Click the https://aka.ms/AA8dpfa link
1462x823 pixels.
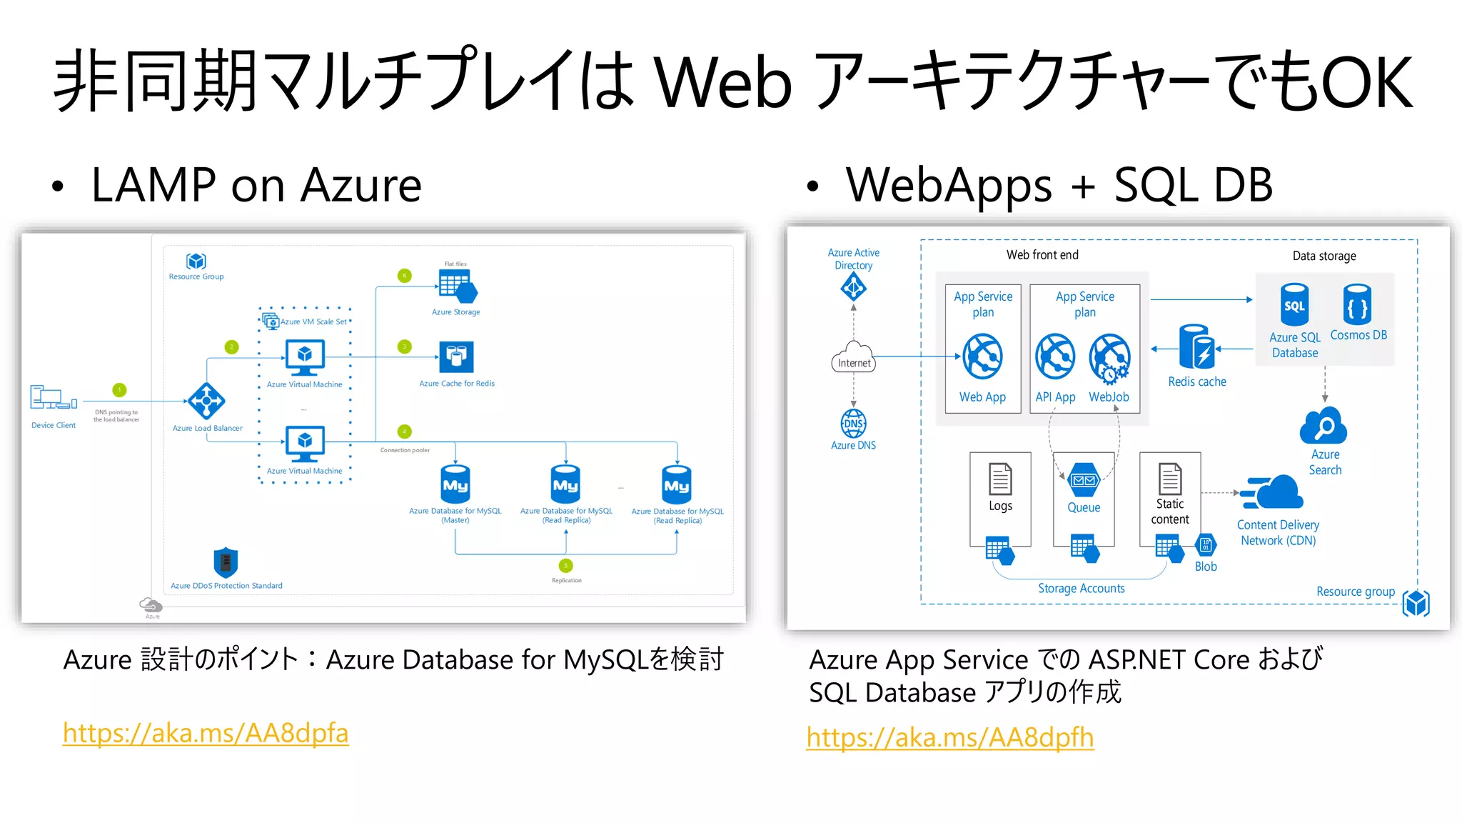pyautogui.click(x=206, y=733)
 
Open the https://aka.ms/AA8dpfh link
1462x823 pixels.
pyautogui.click(x=949, y=737)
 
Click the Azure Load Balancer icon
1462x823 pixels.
pyautogui.click(x=206, y=401)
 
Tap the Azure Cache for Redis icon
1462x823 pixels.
pyautogui.click(x=456, y=356)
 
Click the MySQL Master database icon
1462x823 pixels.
pyautogui.click(x=455, y=484)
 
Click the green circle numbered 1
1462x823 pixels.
pyautogui.click(x=119, y=390)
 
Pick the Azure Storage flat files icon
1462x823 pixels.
pyautogui.click(x=457, y=286)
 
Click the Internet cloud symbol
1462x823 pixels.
pyautogui.click(x=854, y=357)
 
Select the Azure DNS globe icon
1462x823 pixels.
pyautogui.click(x=854, y=424)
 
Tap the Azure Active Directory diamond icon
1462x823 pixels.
pyautogui.click(x=854, y=288)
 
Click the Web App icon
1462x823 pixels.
pyautogui.click(x=982, y=356)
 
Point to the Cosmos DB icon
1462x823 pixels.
pyautogui.click(x=1357, y=306)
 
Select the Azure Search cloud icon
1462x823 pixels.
pyautogui.click(x=1324, y=427)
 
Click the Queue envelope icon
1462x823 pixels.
pyautogui.click(x=1084, y=480)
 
